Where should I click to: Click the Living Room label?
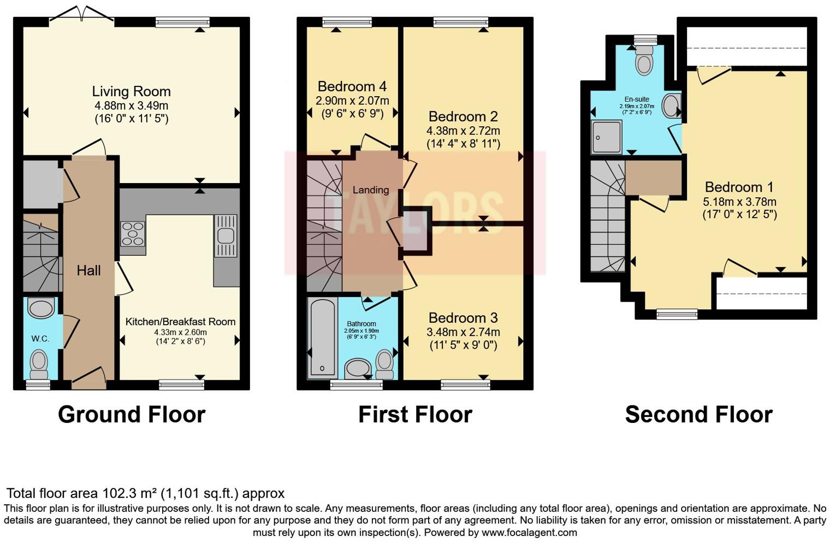point(131,91)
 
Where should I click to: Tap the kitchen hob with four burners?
point(132,234)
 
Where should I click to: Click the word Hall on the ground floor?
point(88,270)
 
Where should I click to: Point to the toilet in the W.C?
point(39,363)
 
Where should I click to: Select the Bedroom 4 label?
point(352,86)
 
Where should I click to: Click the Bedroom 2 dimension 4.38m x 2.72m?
point(463,131)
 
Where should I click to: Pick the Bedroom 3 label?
point(463,318)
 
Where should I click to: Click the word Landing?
point(371,190)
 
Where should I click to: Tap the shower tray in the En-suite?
point(606,137)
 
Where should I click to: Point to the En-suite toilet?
point(644,61)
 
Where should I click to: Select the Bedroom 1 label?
point(739,187)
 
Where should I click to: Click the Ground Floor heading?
point(132,415)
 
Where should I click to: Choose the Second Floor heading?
point(698,415)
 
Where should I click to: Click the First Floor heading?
point(415,415)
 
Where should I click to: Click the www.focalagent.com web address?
point(529,532)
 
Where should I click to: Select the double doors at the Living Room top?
point(82,15)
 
